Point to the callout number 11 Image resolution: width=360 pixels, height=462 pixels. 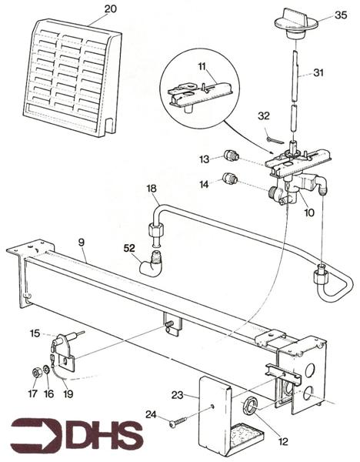(202, 68)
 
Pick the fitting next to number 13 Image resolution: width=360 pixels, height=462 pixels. (228, 156)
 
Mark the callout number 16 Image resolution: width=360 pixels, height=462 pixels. (49, 392)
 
